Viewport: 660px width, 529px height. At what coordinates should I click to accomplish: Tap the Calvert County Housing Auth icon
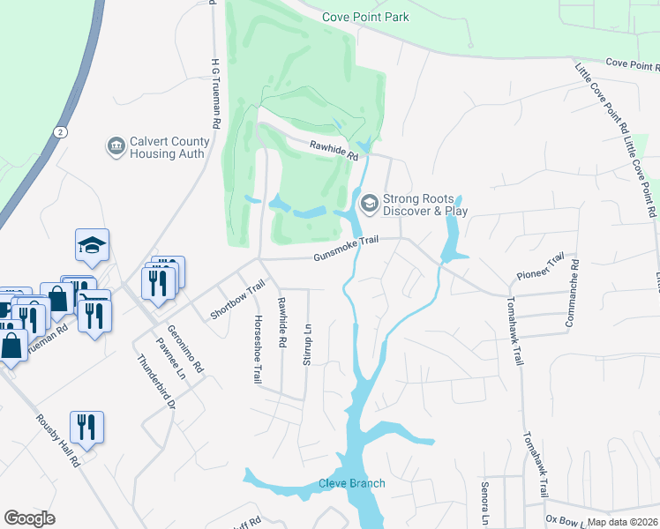pos(115,146)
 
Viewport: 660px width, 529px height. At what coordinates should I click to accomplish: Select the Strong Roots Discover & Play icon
pos(369,205)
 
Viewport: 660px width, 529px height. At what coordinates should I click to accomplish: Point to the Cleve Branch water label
pos(351,483)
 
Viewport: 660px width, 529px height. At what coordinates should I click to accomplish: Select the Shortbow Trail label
pos(237,300)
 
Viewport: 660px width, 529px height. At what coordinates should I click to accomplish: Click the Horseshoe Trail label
pos(258,350)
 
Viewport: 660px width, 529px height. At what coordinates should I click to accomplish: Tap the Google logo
pos(29,518)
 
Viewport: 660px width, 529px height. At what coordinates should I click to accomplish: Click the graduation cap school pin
pos(92,247)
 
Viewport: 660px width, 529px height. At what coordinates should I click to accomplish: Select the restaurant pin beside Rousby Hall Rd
pos(86,428)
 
